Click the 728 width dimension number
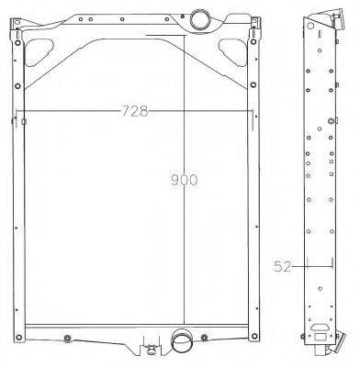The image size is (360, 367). click(135, 111)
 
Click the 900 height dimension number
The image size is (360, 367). click(184, 180)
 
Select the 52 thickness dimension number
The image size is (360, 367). click(282, 266)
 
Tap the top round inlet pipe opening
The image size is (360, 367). click(200, 18)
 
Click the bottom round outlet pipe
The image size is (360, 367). click(181, 342)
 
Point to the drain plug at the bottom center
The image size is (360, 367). click(151, 349)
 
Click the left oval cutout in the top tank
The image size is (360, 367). click(39, 52)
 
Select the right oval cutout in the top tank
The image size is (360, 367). click(233, 52)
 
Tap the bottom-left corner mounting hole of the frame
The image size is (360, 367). click(19, 338)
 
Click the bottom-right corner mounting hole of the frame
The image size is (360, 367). click(254, 337)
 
